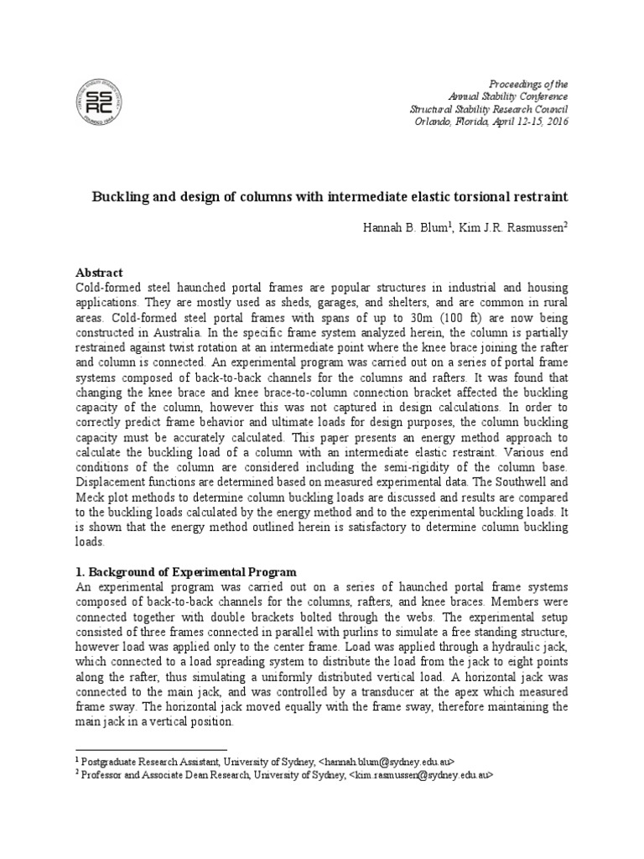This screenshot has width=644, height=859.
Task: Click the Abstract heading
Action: pyautogui.click(x=99, y=273)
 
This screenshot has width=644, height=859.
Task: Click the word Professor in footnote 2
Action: pyautogui.click(x=101, y=776)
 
